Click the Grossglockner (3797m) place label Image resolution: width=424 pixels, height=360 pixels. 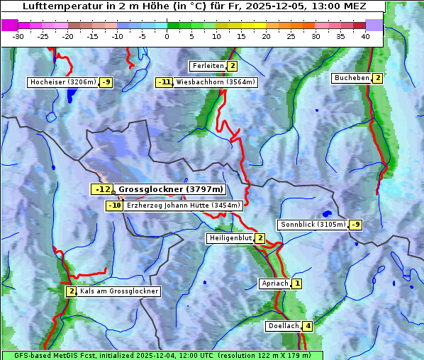coord(170,189)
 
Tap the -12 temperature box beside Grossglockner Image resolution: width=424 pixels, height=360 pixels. coord(103,189)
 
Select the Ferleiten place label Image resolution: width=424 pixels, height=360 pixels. coord(208,66)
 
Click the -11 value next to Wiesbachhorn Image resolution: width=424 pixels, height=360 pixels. coord(164,82)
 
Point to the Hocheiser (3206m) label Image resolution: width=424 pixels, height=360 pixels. coord(62,82)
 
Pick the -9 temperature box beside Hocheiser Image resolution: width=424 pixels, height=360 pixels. coord(106,82)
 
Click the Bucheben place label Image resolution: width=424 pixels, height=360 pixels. coord(352,77)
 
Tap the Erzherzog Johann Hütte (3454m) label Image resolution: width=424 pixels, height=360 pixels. coord(184,206)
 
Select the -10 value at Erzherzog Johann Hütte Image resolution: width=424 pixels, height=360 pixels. coord(114,206)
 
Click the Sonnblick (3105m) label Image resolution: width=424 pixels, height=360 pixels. coord(313,225)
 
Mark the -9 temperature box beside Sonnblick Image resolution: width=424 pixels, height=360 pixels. coord(356,225)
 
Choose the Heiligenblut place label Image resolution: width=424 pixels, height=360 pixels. coord(230,238)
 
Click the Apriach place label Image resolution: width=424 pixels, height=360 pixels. coord(274,283)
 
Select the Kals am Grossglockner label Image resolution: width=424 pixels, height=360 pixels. coord(118,291)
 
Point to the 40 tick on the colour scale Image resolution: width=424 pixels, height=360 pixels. coord(365,35)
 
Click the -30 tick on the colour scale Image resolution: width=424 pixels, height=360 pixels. coord(18,35)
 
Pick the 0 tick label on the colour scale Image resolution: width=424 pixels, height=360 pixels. coord(167,35)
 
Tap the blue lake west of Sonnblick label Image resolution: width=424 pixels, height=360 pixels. coord(326,213)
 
